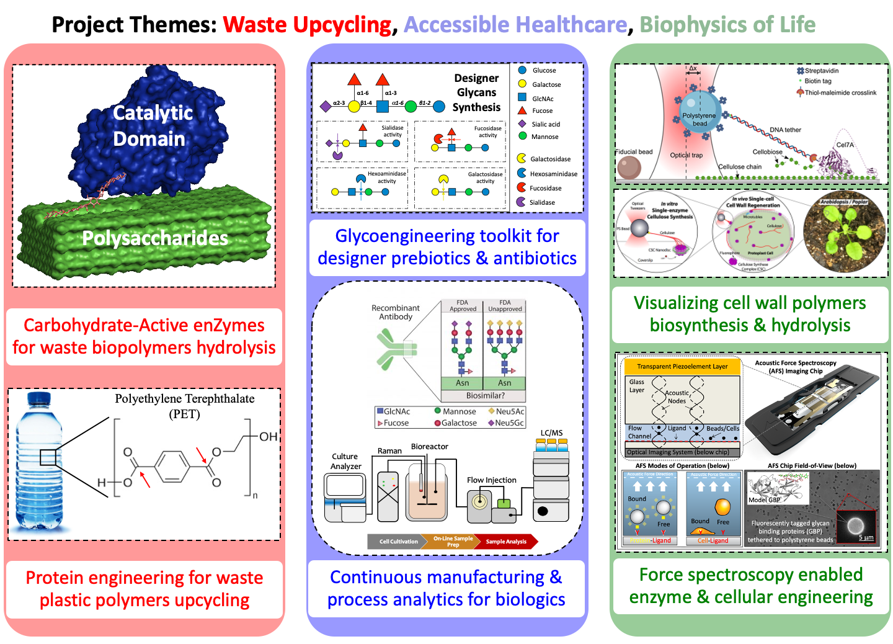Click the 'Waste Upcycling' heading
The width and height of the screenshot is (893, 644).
click(x=307, y=25)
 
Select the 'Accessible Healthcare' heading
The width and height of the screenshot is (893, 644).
click(x=515, y=25)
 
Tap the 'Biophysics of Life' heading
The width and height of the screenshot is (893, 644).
click(x=727, y=25)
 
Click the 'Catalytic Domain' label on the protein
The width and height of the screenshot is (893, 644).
click(x=152, y=126)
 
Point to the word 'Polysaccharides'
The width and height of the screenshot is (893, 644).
click(x=155, y=238)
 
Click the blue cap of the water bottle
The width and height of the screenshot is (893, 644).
click(x=39, y=398)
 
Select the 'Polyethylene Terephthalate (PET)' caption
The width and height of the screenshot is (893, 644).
click(x=185, y=406)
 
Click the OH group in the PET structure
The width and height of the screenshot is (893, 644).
click(x=268, y=437)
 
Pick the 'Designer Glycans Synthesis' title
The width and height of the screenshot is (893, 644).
click(x=476, y=92)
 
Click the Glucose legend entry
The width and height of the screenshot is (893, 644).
click(x=544, y=71)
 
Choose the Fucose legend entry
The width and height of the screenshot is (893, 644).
click(x=542, y=110)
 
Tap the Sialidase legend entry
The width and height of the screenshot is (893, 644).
click(x=542, y=202)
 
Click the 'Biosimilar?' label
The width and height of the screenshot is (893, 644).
click(x=485, y=395)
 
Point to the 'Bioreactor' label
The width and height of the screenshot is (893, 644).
click(x=429, y=446)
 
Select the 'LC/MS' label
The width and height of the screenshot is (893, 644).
click(x=551, y=433)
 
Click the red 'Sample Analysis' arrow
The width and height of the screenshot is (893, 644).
click(x=507, y=542)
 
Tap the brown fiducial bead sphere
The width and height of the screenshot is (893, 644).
click(x=629, y=169)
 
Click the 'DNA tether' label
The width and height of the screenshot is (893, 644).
click(x=785, y=130)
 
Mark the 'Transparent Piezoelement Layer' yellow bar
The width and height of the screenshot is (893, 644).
click(x=682, y=366)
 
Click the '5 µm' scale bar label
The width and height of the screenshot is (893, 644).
click(x=866, y=537)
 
